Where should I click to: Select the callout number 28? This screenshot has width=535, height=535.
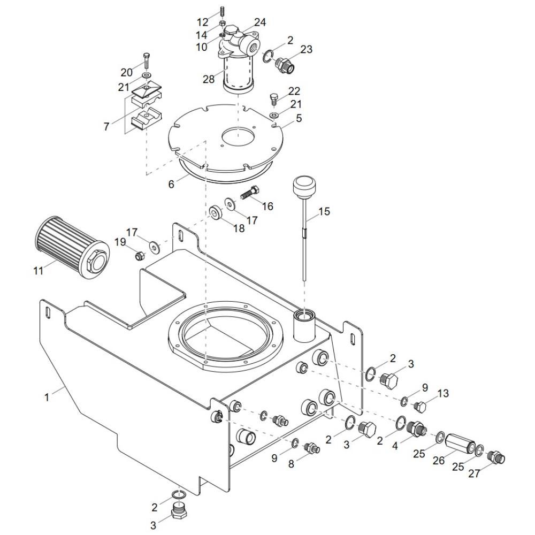(209, 79)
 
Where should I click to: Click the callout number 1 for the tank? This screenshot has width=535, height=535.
(47, 397)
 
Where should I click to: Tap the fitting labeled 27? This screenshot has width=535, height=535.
(496, 457)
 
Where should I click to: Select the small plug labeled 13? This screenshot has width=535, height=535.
(419, 407)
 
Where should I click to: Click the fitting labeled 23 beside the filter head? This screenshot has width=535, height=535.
(285, 65)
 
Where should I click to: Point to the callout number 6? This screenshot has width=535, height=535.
(171, 184)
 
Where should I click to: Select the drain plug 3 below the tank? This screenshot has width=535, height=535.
(179, 511)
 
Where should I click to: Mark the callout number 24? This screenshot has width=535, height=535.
(259, 22)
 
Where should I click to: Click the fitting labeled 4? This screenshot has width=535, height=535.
(416, 429)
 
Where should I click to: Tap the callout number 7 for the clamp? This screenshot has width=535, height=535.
(106, 127)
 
